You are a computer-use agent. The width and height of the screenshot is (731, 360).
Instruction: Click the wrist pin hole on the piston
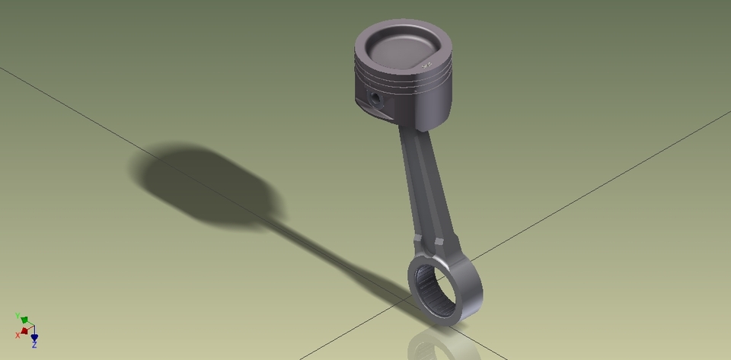tap(375, 97)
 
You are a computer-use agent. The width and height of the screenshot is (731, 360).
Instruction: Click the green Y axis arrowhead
tap(24, 320)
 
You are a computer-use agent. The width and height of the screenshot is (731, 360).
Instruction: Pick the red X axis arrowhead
tap(24, 331)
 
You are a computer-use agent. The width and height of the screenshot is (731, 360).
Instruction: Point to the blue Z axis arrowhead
tap(34, 337)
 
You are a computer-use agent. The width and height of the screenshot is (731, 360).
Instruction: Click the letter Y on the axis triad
tap(17, 315)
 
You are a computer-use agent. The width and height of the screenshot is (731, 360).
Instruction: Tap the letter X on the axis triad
tap(18, 335)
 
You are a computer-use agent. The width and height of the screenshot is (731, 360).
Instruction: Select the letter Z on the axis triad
tap(34, 346)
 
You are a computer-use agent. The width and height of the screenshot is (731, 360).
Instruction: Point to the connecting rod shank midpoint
tap(423, 183)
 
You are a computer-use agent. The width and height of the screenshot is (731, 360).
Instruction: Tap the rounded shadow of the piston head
tap(206, 183)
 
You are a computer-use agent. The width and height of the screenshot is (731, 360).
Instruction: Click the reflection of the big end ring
tap(442, 346)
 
